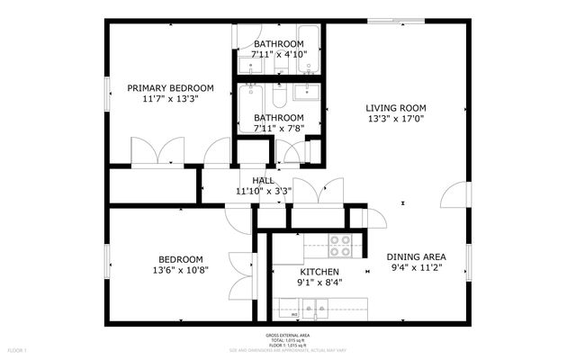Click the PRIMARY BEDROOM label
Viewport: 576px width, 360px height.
tap(170, 87)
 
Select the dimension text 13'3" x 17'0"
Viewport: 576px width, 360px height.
tap(395, 118)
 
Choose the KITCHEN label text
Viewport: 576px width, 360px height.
tap(319, 272)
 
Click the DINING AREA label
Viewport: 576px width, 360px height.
tap(417, 256)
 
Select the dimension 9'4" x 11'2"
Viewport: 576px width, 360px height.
tap(417, 267)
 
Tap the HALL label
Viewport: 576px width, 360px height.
tap(263, 180)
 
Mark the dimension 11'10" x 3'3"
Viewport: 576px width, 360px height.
tap(263, 191)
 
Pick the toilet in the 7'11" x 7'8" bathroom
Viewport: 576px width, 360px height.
tap(279, 94)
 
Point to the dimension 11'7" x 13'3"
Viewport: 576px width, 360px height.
tap(170, 99)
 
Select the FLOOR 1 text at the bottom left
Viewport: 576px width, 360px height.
tap(18, 348)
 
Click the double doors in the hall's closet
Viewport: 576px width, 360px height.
tap(318, 191)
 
